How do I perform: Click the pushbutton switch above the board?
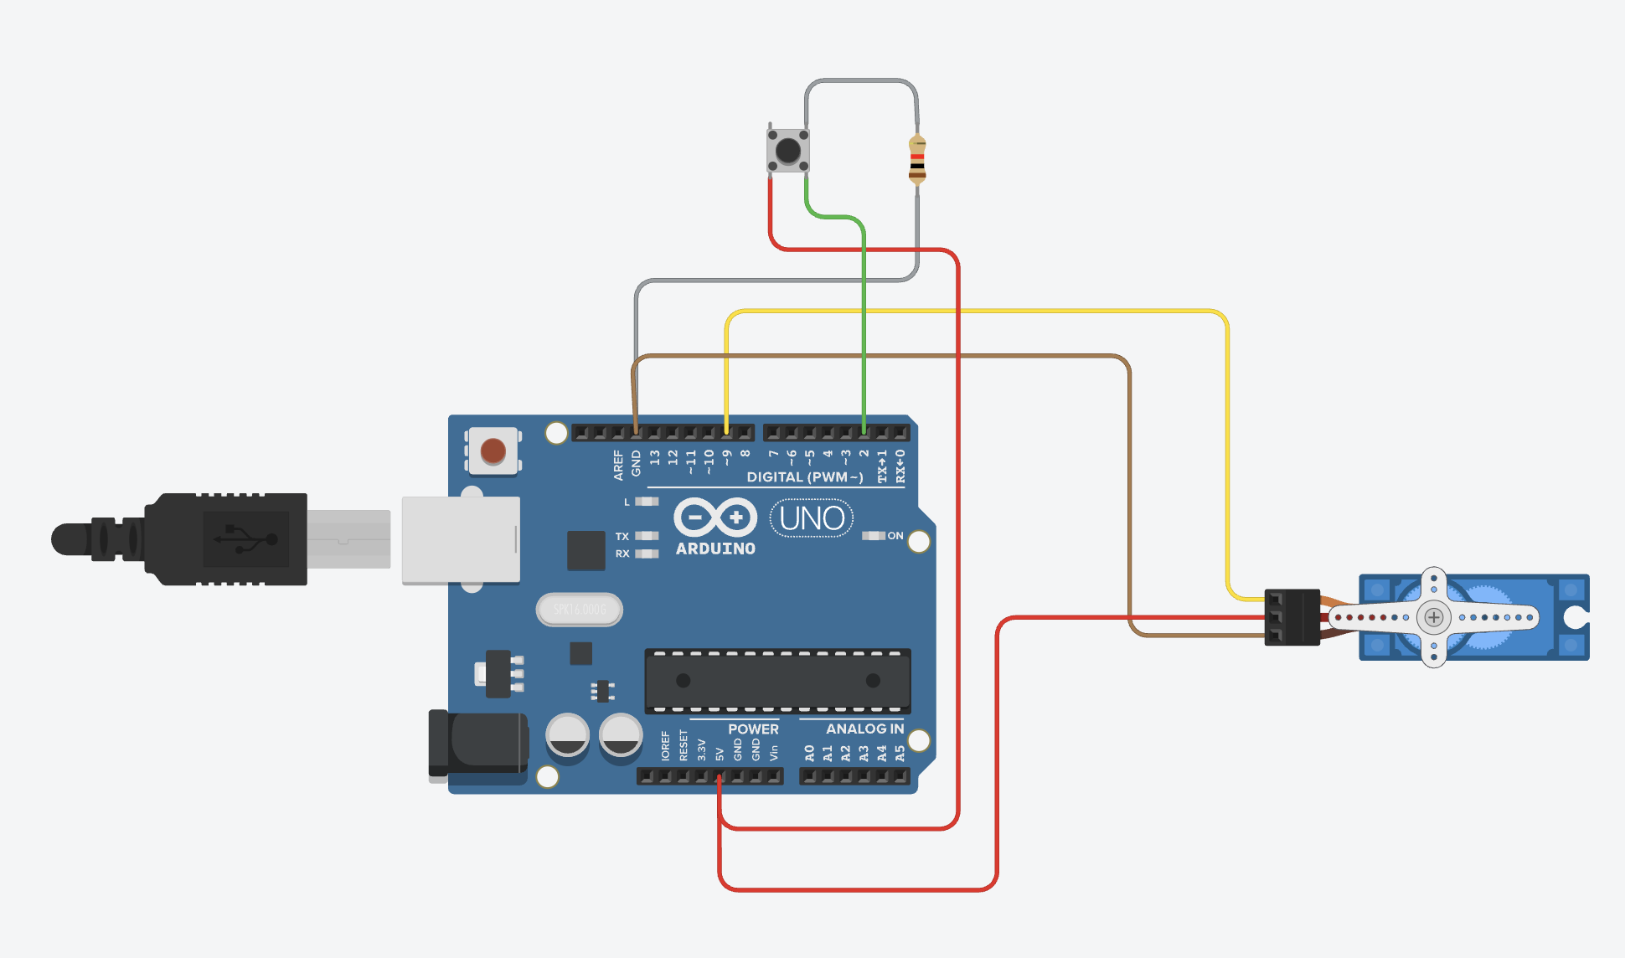point(788,151)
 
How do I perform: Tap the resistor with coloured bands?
point(917,161)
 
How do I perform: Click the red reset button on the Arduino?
point(493,451)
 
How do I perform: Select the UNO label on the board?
point(812,518)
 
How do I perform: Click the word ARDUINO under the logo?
point(715,549)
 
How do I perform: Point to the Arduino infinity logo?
point(715,518)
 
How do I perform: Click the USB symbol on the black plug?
point(246,539)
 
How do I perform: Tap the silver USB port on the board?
point(461,540)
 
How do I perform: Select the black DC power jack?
point(477,743)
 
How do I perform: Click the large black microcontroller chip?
point(777,681)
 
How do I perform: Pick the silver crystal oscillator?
point(580,610)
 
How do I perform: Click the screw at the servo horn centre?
point(1434,618)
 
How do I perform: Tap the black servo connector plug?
point(1292,617)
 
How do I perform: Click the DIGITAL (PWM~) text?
point(804,477)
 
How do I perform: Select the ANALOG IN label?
point(864,729)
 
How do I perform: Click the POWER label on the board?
point(753,729)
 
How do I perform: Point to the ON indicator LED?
point(874,536)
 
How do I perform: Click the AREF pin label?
point(618,465)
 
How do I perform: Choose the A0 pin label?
point(809,753)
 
